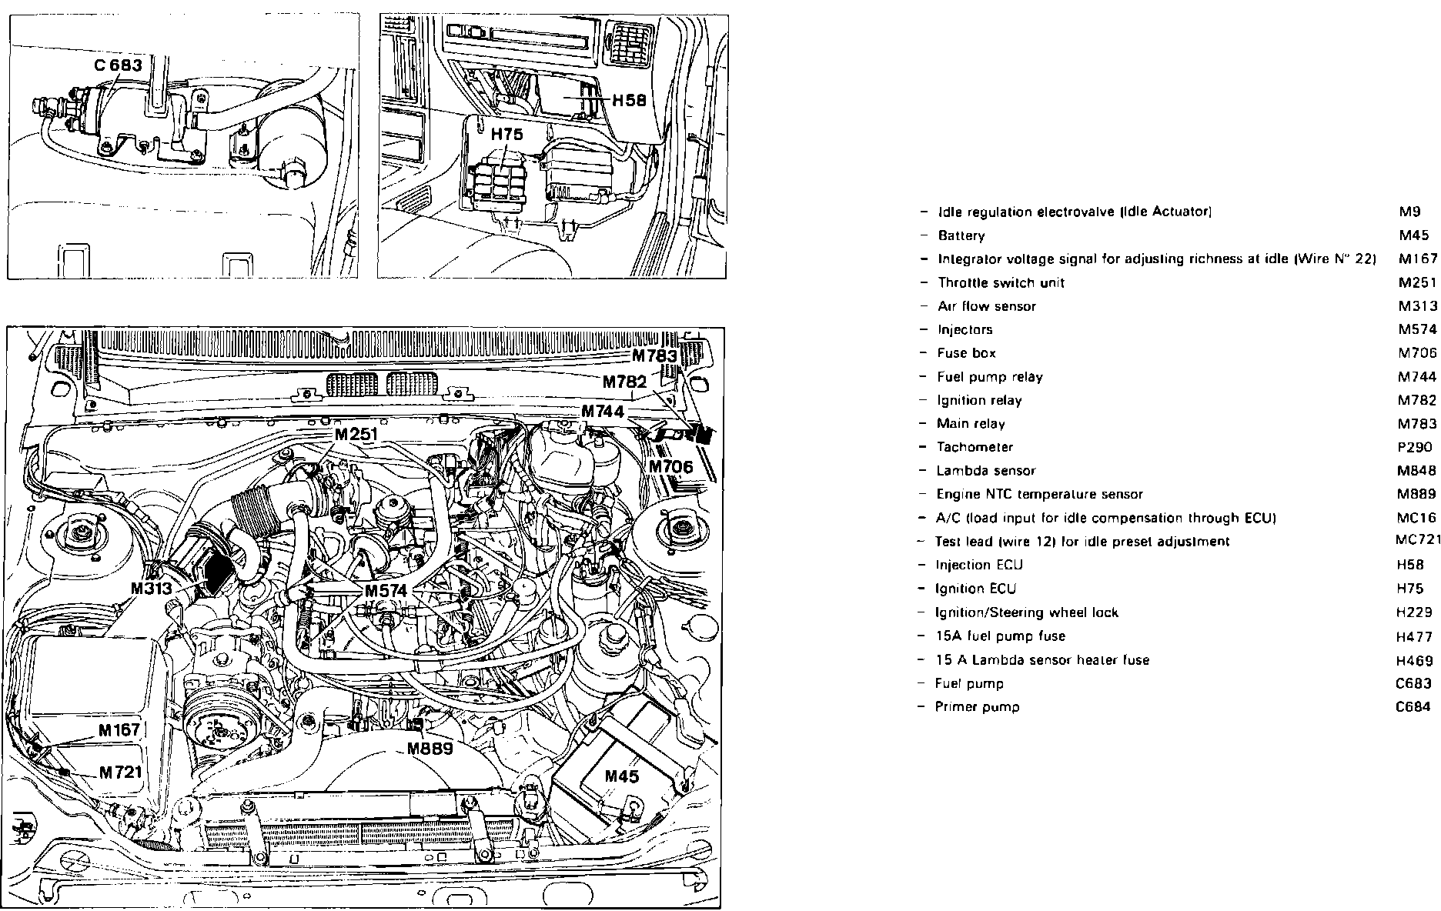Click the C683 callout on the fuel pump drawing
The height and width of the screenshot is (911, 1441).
(119, 65)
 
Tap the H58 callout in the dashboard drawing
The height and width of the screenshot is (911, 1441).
(629, 101)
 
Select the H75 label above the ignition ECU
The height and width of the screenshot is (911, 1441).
(507, 135)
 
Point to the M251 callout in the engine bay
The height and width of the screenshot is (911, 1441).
(356, 435)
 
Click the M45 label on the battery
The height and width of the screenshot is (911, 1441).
(621, 776)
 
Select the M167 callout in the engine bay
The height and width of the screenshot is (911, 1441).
(119, 730)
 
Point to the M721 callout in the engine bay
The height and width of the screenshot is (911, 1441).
(121, 772)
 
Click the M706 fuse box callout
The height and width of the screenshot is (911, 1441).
(670, 466)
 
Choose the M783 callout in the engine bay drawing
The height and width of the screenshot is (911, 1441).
(655, 356)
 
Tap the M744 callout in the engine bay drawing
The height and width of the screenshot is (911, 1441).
(603, 412)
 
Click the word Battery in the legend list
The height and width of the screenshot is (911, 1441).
(961, 236)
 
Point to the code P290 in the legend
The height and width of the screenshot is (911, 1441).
(1415, 447)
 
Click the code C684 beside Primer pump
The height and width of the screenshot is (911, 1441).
(1414, 707)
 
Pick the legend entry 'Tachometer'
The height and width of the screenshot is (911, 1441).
(975, 447)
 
